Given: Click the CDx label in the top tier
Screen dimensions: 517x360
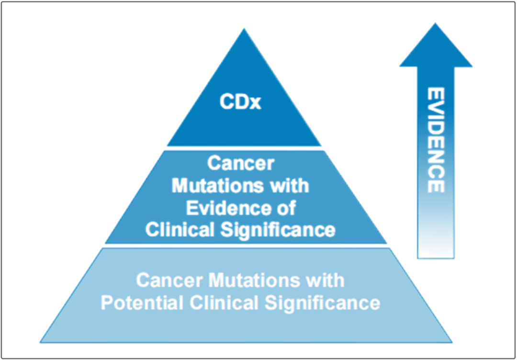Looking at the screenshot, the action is pyautogui.click(x=240, y=102).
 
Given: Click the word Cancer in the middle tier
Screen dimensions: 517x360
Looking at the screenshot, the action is pyautogui.click(x=241, y=164).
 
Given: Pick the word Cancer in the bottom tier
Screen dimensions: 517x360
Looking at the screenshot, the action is pyautogui.click(x=169, y=280).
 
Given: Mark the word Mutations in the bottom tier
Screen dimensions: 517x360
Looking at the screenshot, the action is pyautogui.click(x=252, y=280).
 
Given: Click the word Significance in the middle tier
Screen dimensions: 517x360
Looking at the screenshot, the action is pyautogui.click(x=278, y=230).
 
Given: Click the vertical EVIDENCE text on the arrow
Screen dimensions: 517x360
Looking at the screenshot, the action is pyautogui.click(x=436, y=140).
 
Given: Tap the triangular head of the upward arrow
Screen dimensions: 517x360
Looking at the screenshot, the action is pyautogui.click(x=436, y=46).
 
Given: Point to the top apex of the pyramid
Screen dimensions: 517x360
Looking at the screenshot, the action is pyautogui.click(x=244, y=28).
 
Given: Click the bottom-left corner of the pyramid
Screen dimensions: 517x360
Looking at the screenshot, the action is pyautogui.click(x=40, y=342).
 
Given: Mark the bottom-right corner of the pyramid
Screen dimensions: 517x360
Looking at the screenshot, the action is pyautogui.click(x=452, y=342).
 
